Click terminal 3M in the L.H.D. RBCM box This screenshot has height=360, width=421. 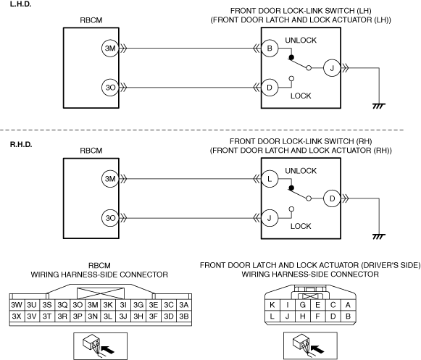(x=110, y=49)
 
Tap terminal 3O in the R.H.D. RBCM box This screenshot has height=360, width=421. (x=110, y=218)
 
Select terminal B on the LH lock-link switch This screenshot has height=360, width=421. (x=270, y=49)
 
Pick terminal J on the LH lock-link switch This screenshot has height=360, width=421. (x=332, y=68)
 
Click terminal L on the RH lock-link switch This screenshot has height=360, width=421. (x=270, y=179)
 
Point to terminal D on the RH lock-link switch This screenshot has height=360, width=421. (x=332, y=198)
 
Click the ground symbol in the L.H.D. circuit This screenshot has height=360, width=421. (x=379, y=106)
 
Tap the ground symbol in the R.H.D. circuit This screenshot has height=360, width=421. (x=379, y=237)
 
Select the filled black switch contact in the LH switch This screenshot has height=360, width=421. (x=291, y=57)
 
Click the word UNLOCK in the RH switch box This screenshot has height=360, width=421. (x=301, y=171)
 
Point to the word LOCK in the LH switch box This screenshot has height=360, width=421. (x=301, y=96)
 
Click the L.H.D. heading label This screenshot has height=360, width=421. (x=20, y=4)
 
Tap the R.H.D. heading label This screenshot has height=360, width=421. (x=21, y=144)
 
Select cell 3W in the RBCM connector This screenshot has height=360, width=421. (x=17, y=305)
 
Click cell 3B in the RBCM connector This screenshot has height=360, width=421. (x=184, y=317)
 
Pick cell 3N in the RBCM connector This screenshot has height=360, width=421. (x=93, y=317)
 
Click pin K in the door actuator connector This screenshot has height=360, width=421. (x=272, y=305)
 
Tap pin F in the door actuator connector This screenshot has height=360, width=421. (x=317, y=317)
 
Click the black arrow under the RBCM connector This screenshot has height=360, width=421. (x=109, y=349)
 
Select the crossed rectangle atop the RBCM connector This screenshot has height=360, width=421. (x=101, y=293)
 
